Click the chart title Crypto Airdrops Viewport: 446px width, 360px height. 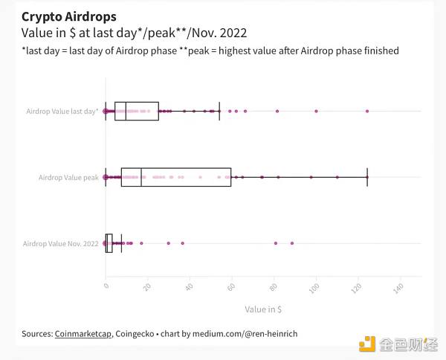click(69, 16)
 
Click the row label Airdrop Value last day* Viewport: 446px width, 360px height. click(62, 112)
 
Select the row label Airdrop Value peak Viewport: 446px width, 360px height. click(68, 178)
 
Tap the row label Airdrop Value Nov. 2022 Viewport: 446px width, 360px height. click(61, 244)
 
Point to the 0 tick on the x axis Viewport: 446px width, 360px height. click(106, 285)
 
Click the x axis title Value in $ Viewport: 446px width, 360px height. click(263, 309)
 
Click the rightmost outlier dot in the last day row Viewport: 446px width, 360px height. click(367, 112)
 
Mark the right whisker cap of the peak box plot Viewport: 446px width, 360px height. click(367, 178)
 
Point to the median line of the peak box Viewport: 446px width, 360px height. click(141, 178)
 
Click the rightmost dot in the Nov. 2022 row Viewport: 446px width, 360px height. click(292, 243)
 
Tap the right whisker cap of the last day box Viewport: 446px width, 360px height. click(219, 112)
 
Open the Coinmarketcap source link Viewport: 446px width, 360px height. click(83, 334)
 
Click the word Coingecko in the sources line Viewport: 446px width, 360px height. click(135, 334)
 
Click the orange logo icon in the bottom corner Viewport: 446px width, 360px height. click(367, 344)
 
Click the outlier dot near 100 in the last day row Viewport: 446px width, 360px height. click(316, 112)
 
